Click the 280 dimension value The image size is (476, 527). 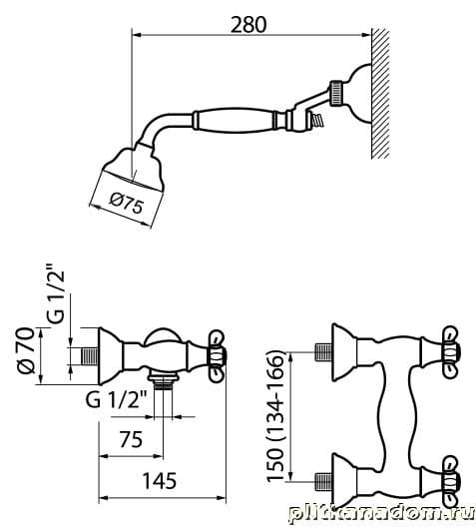248,24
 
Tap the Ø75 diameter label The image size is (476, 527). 127,204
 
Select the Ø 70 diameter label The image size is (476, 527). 27,350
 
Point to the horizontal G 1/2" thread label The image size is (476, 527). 117,400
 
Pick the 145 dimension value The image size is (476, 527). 160,481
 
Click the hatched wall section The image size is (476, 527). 380,94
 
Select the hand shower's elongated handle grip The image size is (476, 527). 235,120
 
